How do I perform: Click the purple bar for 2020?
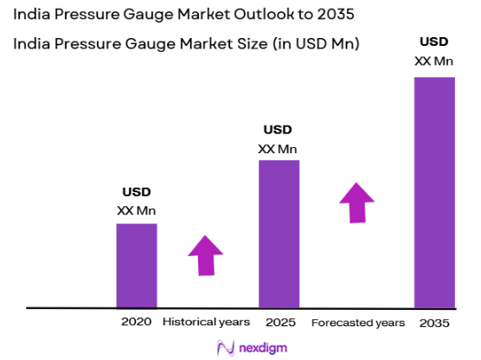coord(137,265)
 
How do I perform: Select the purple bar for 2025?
coord(279,234)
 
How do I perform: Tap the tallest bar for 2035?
coord(434,192)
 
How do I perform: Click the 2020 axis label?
coord(137,322)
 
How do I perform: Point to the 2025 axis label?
coord(280,322)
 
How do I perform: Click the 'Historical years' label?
coord(206,322)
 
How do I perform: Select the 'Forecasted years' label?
coord(357,322)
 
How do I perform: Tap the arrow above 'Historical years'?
coord(205,255)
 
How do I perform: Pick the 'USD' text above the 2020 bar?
coord(136,192)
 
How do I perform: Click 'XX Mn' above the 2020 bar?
coord(136,210)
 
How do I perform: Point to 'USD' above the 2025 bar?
coord(278,129)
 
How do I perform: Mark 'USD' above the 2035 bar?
coord(433,42)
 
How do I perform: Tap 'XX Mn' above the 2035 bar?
coord(433,60)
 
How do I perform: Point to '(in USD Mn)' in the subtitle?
coord(313,42)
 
